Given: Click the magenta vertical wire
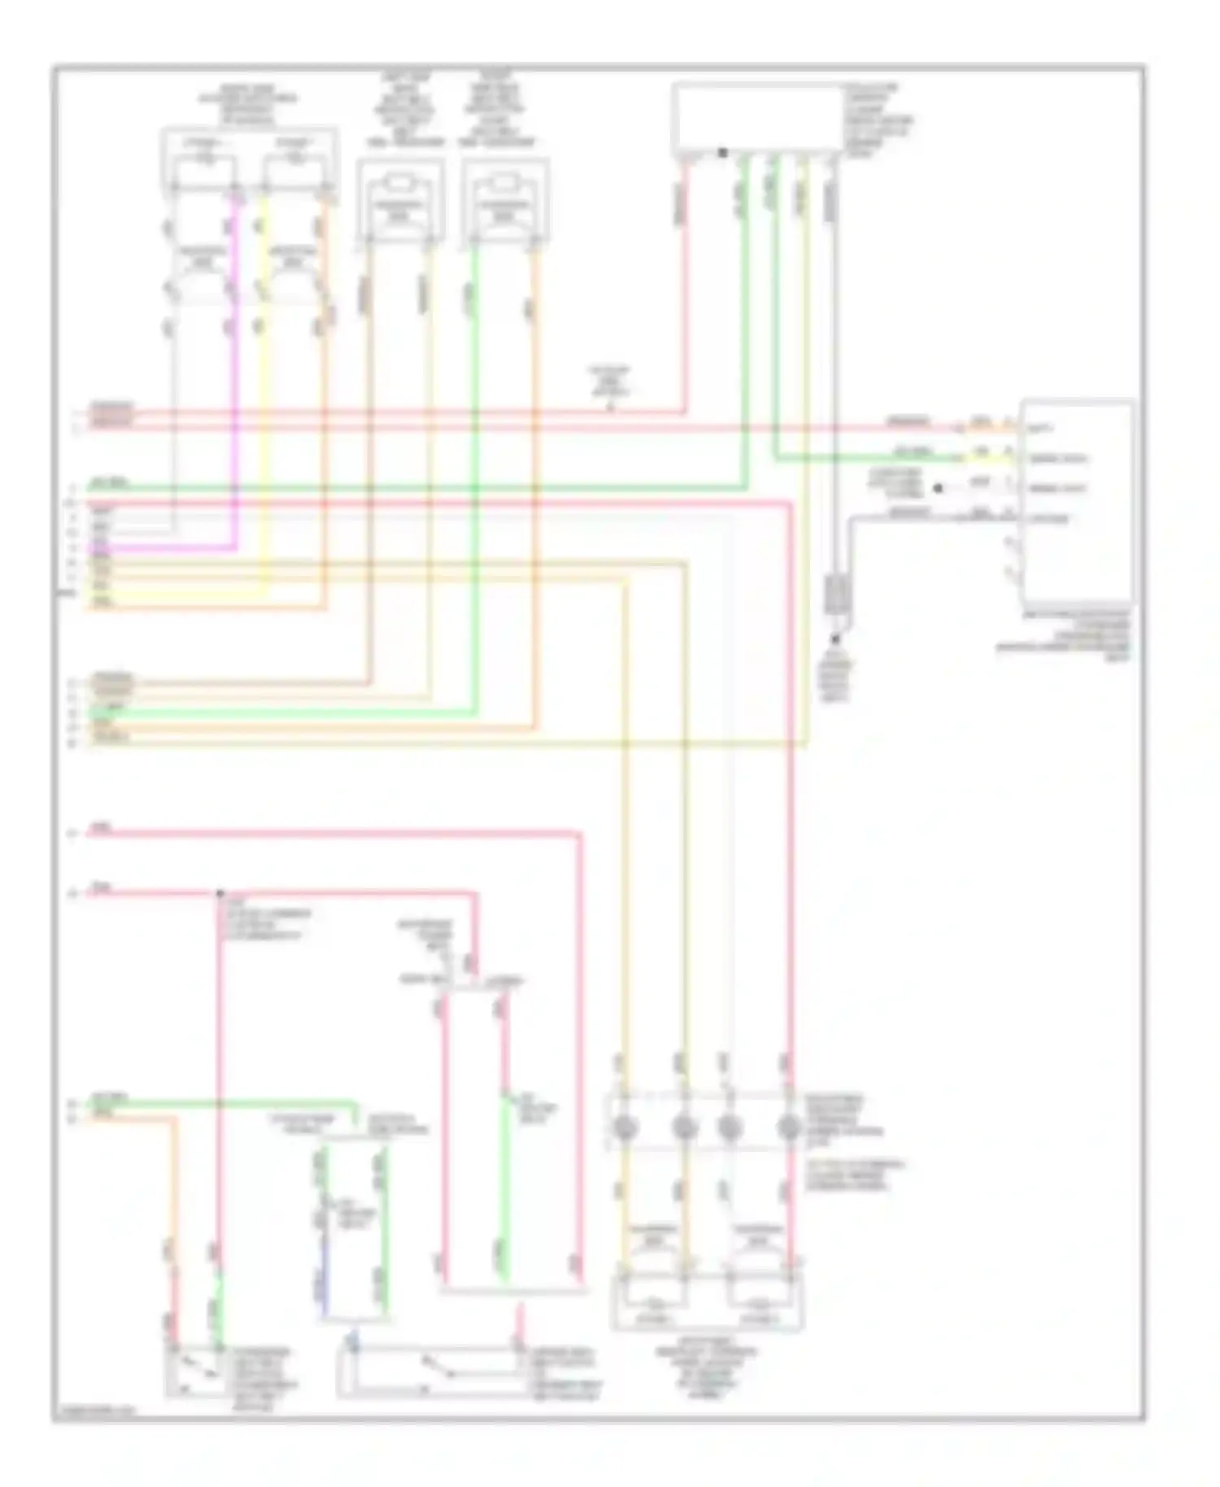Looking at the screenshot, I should [x=237, y=366].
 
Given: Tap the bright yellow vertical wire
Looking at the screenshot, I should [x=263, y=390].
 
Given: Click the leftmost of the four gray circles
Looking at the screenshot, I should [x=624, y=1127].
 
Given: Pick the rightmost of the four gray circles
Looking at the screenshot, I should [x=788, y=1127].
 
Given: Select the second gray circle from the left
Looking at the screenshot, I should [x=684, y=1127].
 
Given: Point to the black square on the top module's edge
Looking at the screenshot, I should [x=722, y=152].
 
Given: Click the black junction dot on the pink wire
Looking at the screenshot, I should [x=220, y=893].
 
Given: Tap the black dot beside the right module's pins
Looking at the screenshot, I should [x=938, y=488].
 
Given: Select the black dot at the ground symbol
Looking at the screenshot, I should [x=834, y=640].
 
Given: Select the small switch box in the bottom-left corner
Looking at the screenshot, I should [x=196, y=1371].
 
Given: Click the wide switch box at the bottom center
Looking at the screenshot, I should [x=431, y=1373].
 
